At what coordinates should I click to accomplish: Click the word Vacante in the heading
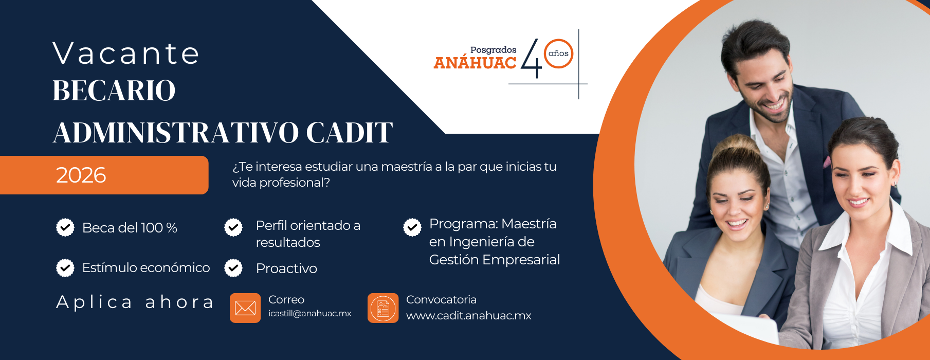pyautogui.click(x=126, y=53)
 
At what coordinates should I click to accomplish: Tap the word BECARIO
pyautogui.click(x=114, y=91)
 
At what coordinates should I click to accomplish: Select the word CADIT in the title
pyautogui.click(x=350, y=133)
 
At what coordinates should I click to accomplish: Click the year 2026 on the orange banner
pyautogui.click(x=81, y=175)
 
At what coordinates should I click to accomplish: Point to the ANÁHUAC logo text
pyautogui.click(x=475, y=63)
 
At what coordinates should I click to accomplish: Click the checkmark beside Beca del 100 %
pyautogui.click(x=65, y=227)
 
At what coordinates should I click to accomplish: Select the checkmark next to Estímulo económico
pyautogui.click(x=65, y=267)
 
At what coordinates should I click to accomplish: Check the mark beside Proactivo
pyautogui.click(x=233, y=268)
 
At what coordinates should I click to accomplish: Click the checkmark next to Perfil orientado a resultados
pyautogui.click(x=233, y=227)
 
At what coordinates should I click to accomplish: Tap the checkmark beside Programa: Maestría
pyautogui.click(x=412, y=227)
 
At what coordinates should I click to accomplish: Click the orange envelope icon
pyautogui.click(x=245, y=308)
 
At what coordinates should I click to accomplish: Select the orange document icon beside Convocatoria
pyautogui.click(x=383, y=308)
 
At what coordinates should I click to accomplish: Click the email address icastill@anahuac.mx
pyautogui.click(x=309, y=314)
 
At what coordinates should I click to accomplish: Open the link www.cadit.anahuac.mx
pyautogui.click(x=468, y=316)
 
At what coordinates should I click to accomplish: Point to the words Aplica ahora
pyautogui.click(x=135, y=302)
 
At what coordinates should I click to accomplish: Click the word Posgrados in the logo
pyautogui.click(x=493, y=50)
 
